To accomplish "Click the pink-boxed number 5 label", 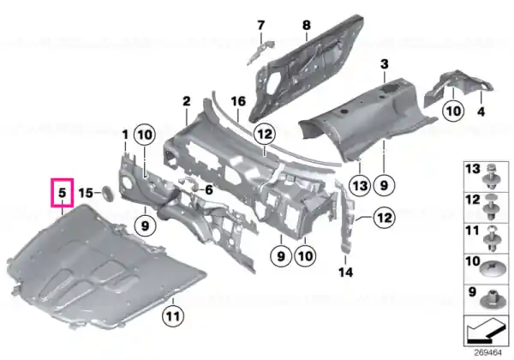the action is [63, 193].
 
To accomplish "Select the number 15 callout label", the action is [86, 193].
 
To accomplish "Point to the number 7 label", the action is [261, 25].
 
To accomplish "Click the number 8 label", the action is [306, 25].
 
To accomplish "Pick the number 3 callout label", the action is [384, 63].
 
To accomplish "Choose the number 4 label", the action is [481, 111].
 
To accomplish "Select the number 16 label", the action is [238, 101].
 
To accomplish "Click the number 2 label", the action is [187, 101].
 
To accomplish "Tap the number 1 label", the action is [125, 135].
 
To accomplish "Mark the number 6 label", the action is [209, 189].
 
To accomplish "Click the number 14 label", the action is [346, 272].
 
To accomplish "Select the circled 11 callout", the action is [173, 316].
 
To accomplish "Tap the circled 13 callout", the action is [360, 186].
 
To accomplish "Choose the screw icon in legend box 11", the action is [491, 239].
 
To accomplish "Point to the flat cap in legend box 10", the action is [491, 268].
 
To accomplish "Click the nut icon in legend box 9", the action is [491, 300].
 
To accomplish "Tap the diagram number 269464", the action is [487, 352].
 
